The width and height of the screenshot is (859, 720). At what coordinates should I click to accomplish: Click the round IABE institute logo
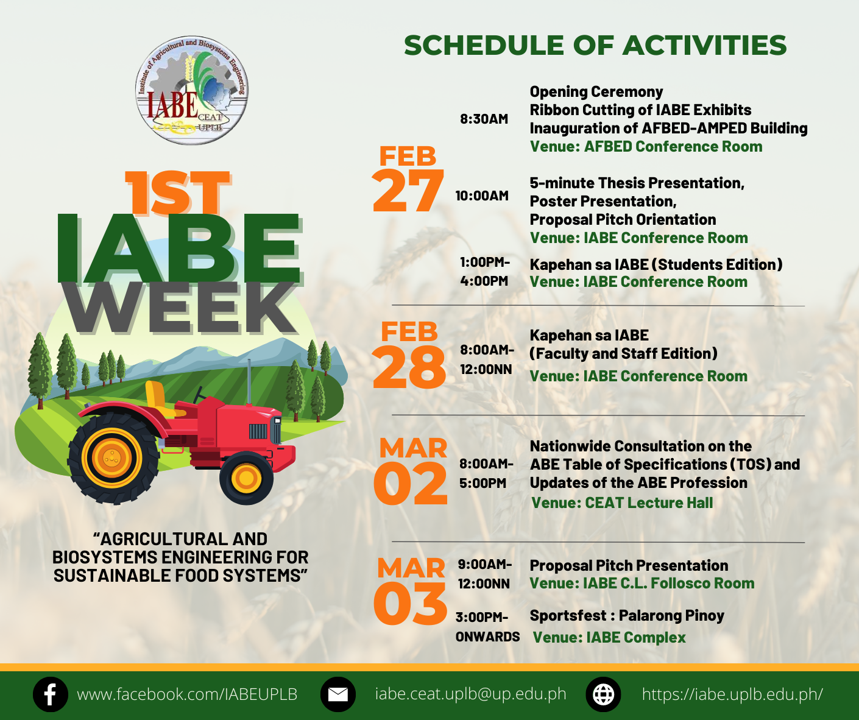[192, 90]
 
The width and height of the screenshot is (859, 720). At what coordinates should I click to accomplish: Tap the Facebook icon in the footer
[50, 694]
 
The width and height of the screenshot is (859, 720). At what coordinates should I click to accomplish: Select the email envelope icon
[338, 694]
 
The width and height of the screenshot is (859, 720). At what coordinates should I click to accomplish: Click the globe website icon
[603, 694]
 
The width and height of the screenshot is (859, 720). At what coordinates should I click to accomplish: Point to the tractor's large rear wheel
[112, 457]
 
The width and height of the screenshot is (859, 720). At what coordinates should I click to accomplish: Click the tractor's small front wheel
[246, 478]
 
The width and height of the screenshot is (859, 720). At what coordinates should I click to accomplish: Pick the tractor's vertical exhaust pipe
[249, 381]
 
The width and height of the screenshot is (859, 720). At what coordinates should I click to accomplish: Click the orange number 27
[408, 191]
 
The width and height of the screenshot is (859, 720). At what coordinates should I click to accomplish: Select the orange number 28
[409, 367]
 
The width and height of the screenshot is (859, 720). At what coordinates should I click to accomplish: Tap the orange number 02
[410, 483]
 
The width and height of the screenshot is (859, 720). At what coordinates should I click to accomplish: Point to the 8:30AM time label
[484, 119]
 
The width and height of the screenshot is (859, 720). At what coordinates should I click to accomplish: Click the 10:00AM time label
[482, 196]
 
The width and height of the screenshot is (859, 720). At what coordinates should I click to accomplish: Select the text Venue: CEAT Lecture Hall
[622, 503]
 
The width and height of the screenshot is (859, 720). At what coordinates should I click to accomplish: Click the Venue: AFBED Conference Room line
[646, 146]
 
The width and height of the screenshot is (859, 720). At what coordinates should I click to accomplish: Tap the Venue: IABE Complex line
[609, 637]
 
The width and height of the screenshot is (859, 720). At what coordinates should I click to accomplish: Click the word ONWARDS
[487, 637]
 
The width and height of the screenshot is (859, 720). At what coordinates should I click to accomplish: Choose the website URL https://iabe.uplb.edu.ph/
[732, 694]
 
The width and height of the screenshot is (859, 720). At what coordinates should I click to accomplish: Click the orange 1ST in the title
[178, 192]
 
